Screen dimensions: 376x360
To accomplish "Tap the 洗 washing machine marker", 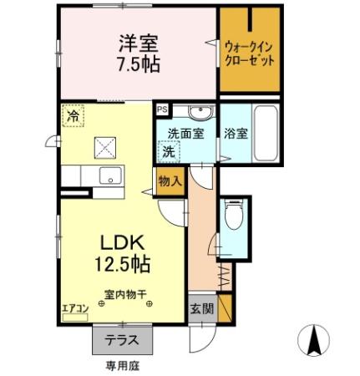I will (169, 152).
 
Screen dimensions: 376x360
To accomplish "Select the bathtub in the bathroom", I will (265, 134).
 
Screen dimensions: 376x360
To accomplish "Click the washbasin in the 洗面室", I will (198, 114).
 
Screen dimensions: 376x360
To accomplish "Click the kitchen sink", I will (109, 176).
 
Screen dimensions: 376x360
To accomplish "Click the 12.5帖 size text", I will (124, 265).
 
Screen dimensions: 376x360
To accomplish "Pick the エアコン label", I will (75, 308).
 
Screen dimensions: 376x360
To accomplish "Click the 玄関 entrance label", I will (200, 308).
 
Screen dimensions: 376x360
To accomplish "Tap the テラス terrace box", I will (121, 341).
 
